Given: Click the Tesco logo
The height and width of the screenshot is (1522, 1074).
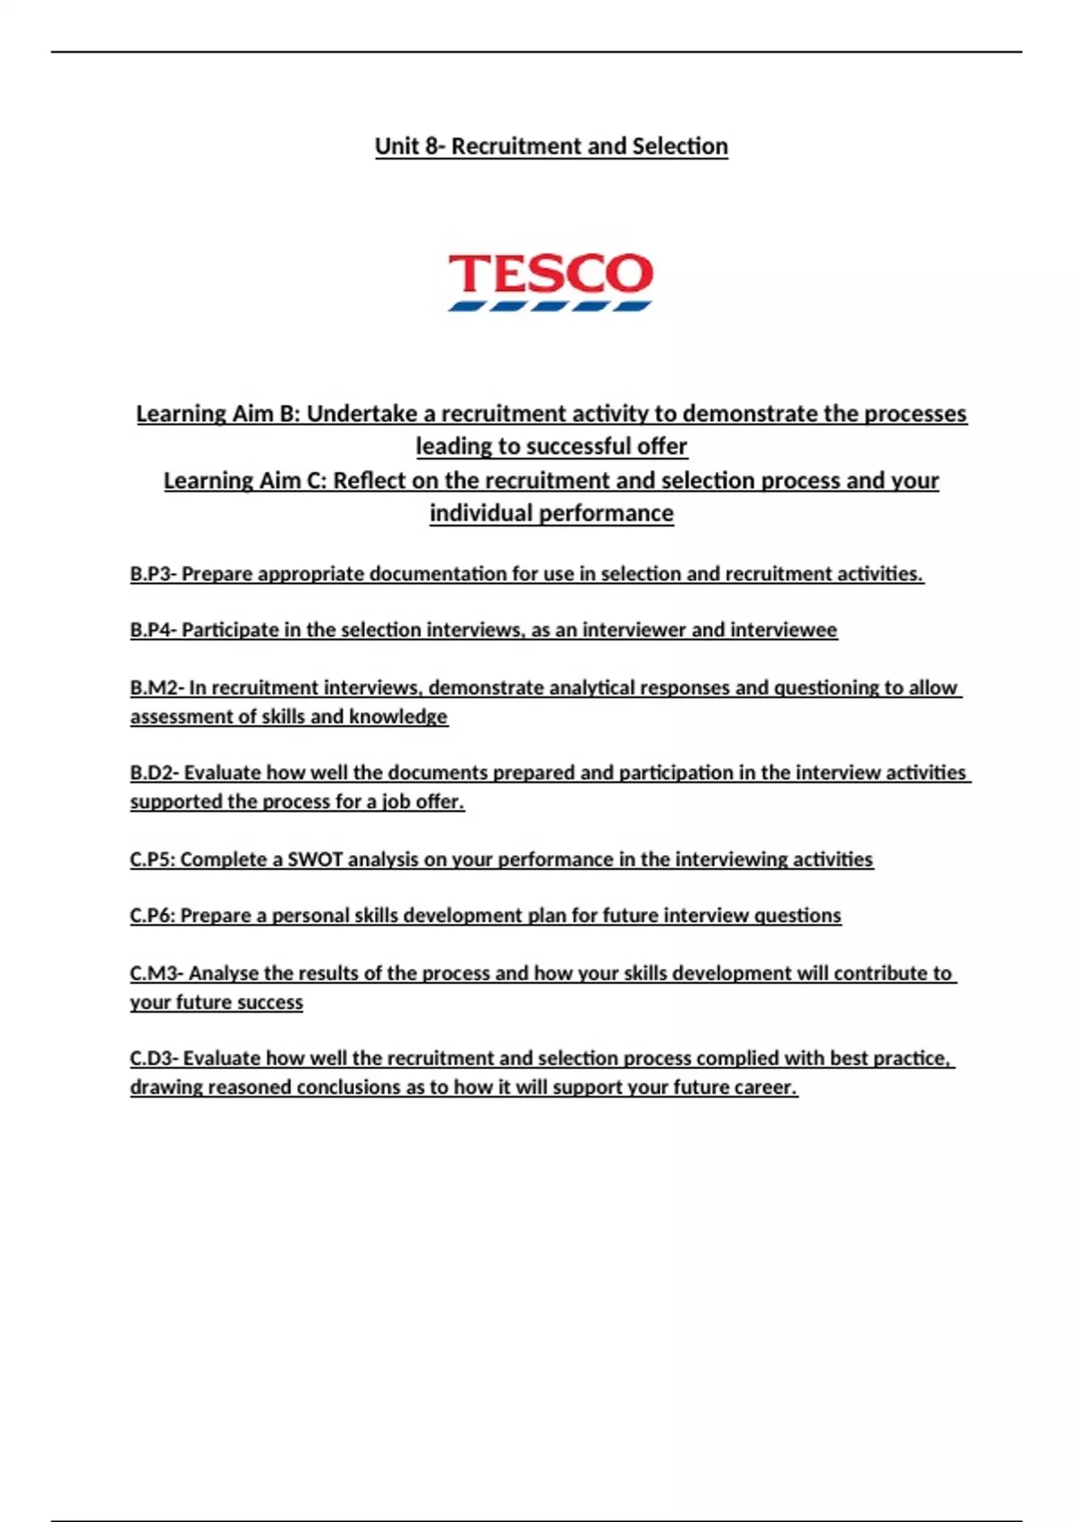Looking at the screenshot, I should [x=550, y=280].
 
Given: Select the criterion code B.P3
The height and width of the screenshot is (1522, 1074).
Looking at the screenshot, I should [x=150, y=574].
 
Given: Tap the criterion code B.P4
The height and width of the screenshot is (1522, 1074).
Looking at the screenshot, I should [x=150, y=630].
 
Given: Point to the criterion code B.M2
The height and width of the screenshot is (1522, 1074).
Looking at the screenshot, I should [x=153, y=688].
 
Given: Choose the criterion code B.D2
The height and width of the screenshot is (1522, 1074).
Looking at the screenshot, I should [x=151, y=773].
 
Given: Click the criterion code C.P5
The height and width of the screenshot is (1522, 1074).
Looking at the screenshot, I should [x=150, y=859].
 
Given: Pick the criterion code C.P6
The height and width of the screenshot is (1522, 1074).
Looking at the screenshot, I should [x=150, y=916].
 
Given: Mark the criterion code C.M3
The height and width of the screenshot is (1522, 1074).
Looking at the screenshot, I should [x=153, y=973].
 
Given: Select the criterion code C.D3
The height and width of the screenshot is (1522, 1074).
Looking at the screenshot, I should [x=151, y=1058].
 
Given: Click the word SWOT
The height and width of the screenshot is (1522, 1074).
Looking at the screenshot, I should [x=314, y=859].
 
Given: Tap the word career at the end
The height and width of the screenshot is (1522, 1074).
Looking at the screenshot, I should [x=767, y=1087].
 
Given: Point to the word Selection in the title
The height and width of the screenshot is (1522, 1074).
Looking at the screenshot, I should [x=679, y=146].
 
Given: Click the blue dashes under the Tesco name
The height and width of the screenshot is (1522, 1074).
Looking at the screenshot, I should [x=550, y=306].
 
